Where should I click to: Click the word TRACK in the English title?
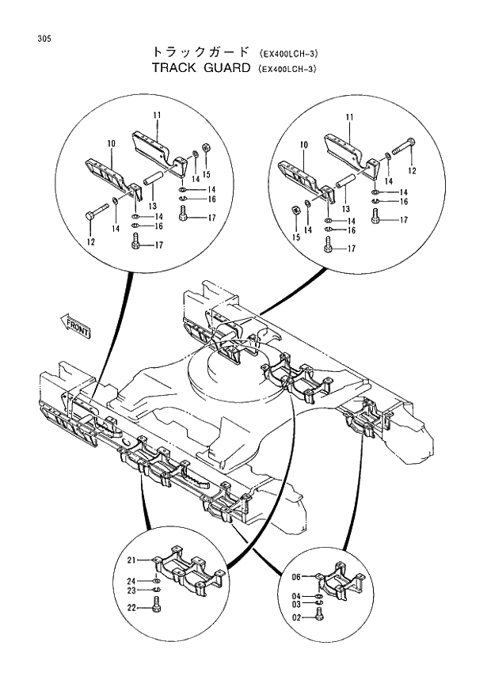pyautogui.click(x=177, y=68)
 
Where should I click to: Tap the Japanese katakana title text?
pyautogui.click(x=202, y=53)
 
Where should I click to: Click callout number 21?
pyautogui.click(x=132, y=560)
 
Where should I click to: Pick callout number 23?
pyautogui.click(x=132, y=590)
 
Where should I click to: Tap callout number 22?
pyautogui.click(x=132, y=608)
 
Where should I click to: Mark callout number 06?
pyautogui.click(x=295, y=576)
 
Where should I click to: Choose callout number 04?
pyautogui.click(x=295, y=596)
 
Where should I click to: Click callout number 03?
pyautogui.click(x=295, y=604)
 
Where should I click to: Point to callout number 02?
pyautogui.click(x=295, y=618)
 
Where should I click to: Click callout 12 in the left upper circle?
pyautogui.click(x=91, y=242)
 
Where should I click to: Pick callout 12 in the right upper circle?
pyautogui.click(x=412, y=170)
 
